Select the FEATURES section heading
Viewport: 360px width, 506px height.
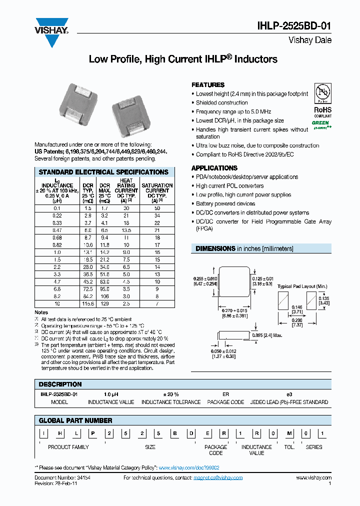208,85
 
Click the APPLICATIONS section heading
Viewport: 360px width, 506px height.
214,168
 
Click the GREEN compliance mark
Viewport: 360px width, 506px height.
321,123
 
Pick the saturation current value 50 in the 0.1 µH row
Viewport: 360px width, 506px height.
157,207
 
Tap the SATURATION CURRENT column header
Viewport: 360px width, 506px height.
157,190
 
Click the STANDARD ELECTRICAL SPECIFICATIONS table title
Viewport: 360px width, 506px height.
103,172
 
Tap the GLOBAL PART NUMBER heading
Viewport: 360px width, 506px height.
75,420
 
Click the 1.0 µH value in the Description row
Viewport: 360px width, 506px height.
111,394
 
